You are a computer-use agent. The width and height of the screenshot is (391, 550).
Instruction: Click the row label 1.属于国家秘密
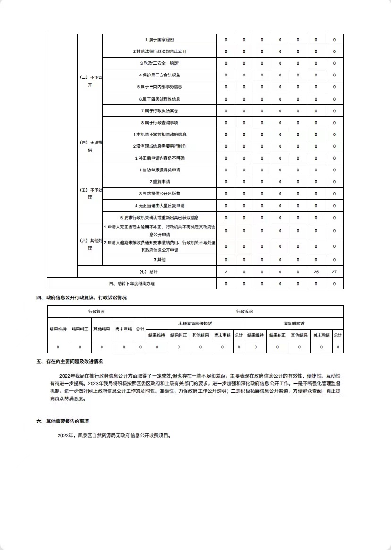(x=159, y=39)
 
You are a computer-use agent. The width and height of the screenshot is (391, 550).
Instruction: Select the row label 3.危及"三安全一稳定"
(x=159, y=63)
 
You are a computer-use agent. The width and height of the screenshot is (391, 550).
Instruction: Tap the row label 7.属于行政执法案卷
(x=159, y=111)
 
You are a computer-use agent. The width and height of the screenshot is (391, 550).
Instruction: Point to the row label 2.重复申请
(x=159, y=182)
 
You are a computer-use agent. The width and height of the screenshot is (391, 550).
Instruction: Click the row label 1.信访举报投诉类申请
(x=159, y=170)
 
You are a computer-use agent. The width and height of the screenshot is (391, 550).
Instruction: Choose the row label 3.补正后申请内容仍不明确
(x=159, y=158)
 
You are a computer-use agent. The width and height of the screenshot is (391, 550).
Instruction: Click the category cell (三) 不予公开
(x=90, y=81)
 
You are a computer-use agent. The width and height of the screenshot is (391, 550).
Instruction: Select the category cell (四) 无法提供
(x=90, y=146)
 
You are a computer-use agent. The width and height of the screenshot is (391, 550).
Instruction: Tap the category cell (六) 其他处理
(x=90, y=244)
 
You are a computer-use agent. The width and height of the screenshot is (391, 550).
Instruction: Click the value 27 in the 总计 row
(x=334, y=272)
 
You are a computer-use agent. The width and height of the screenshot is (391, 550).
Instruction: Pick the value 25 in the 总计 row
(x=316, y=272)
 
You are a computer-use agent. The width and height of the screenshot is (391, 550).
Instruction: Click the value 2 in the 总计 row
(x=226, y=272)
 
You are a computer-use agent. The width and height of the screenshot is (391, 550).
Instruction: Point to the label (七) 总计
(x=147, y=272)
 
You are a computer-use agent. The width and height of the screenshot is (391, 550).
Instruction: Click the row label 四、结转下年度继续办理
(x=132, y=284)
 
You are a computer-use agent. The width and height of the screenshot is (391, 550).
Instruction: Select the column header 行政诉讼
(x=245, y=312)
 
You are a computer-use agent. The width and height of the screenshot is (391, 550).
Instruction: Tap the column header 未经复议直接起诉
(x=195, y=323)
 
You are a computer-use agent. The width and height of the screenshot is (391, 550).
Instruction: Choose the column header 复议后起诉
(x=294, y=323)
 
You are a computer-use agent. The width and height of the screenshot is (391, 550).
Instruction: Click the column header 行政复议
(x=96, y=312)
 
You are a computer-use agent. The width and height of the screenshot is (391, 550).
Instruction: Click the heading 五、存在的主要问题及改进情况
(x=69, y=362)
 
